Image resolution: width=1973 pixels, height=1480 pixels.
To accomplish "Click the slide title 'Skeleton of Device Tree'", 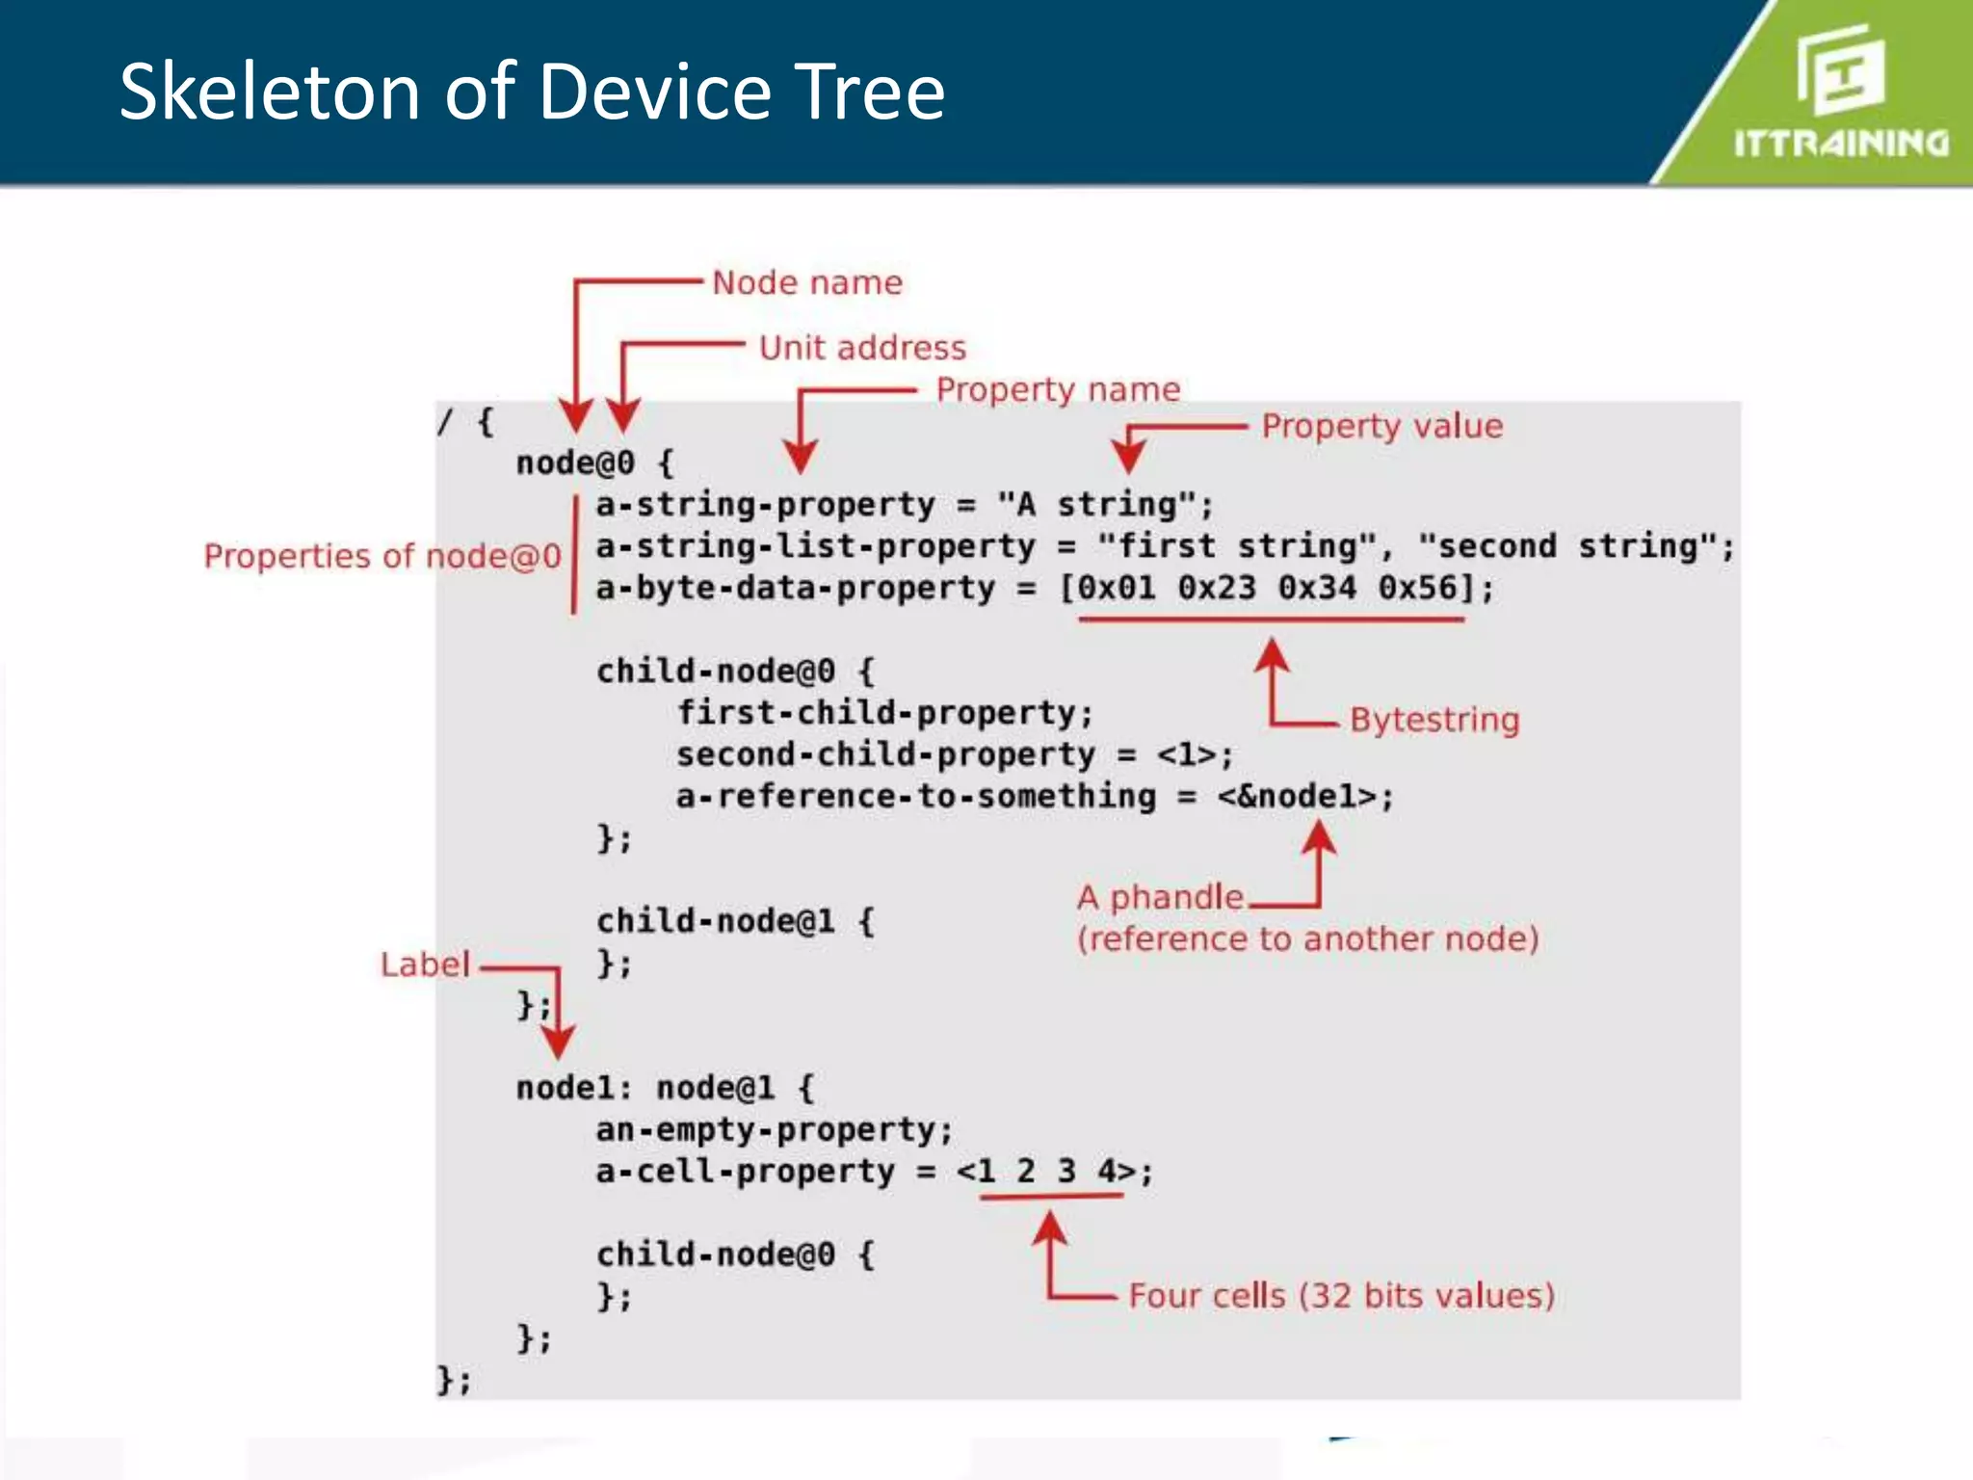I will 532,92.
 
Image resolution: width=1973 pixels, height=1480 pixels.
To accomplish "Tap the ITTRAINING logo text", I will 1841,144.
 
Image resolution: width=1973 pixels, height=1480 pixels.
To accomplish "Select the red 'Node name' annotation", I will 807,282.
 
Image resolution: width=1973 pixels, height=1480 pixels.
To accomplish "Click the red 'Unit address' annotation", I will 862,348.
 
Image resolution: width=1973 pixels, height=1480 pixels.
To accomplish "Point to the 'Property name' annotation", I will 1058,389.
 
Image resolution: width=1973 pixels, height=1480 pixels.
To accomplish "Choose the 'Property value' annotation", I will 1381,426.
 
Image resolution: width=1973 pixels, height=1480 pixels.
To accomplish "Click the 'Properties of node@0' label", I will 382,556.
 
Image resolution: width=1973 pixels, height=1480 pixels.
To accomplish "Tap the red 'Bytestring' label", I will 1434,720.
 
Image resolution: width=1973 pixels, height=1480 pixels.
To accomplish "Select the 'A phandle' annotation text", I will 1160,897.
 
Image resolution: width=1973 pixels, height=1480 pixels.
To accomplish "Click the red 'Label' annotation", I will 425,965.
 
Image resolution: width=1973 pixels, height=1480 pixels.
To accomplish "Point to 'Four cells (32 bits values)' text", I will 1341,1296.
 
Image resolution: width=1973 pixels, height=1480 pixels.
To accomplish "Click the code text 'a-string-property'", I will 765,505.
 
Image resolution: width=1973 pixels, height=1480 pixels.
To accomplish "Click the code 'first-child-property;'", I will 884,713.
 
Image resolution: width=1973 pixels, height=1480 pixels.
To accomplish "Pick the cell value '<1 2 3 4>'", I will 1046,1172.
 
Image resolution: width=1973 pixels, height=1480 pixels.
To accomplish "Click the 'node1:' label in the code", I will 573,1089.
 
